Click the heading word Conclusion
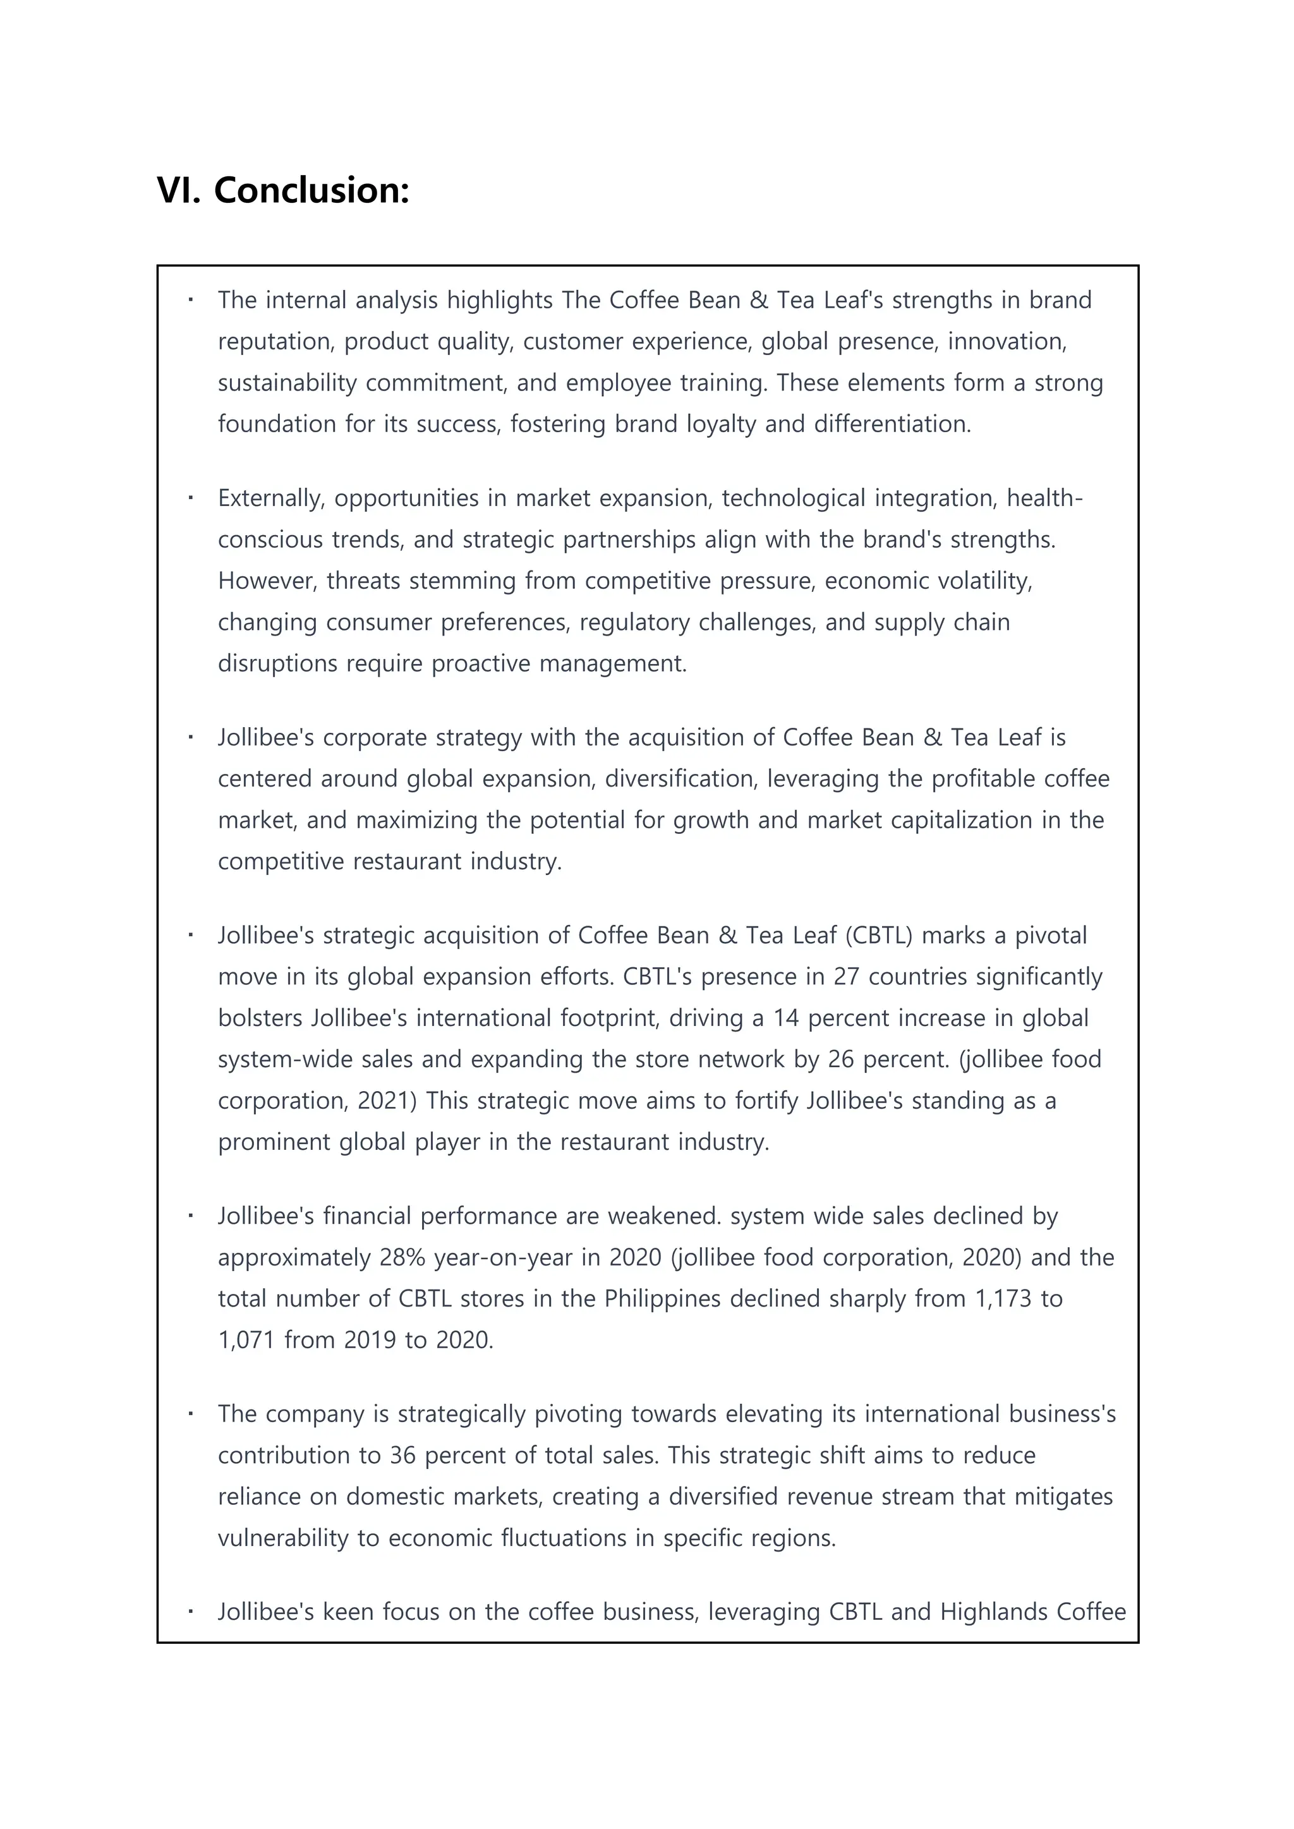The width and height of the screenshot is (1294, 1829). pos(311,190)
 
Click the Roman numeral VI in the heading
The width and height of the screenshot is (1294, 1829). pos(179,190)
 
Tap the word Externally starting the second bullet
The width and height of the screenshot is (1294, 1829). pos(271,498)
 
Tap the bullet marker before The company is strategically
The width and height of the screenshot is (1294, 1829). pos(191,1414)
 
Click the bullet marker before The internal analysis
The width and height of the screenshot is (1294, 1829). pos(191,300)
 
